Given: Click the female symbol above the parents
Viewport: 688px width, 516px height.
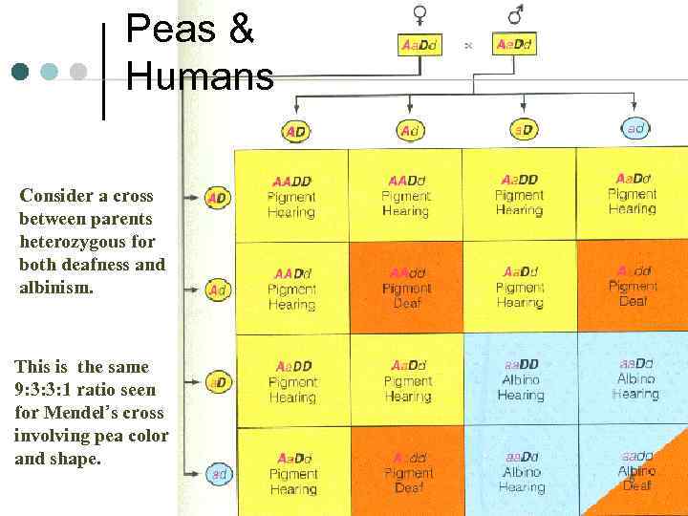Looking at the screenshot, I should (x=420, y=14).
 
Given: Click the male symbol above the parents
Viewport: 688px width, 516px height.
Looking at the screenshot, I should (x=516, y=14).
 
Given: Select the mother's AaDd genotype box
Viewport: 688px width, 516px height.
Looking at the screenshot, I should (x=420, y=45).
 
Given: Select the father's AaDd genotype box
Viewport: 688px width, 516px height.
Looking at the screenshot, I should (x=514, y=45).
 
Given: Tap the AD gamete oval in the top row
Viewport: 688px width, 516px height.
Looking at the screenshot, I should (x=296, y=131).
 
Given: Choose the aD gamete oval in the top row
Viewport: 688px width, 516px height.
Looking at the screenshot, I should (x=523, y=129).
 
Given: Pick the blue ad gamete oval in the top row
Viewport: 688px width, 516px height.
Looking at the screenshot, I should (x=635, y=128).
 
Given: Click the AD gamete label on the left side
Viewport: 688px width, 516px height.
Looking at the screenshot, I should (x=218, y=198).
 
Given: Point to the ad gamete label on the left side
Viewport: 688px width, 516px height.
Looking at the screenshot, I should (x=219, y=473).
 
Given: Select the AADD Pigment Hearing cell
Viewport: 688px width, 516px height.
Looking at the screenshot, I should (x=291, y=196).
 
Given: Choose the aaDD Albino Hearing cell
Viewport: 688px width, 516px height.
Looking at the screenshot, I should (x=521, y=379).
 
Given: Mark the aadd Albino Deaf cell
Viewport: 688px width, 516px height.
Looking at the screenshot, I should (x=636, y=471).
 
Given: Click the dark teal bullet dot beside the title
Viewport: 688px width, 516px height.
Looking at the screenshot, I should (x=20, y=72).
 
